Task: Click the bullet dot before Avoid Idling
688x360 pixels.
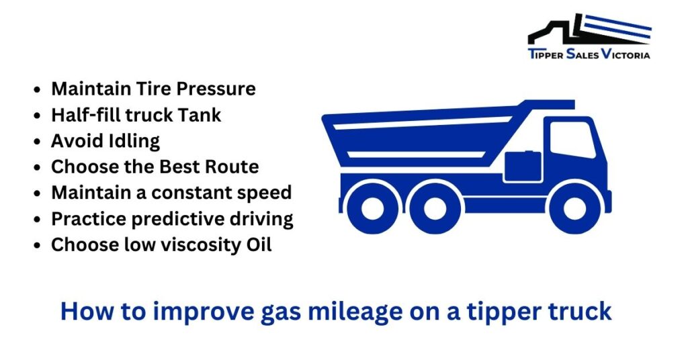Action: click(38, 142)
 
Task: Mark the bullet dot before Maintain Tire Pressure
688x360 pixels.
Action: click(38, 90)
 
